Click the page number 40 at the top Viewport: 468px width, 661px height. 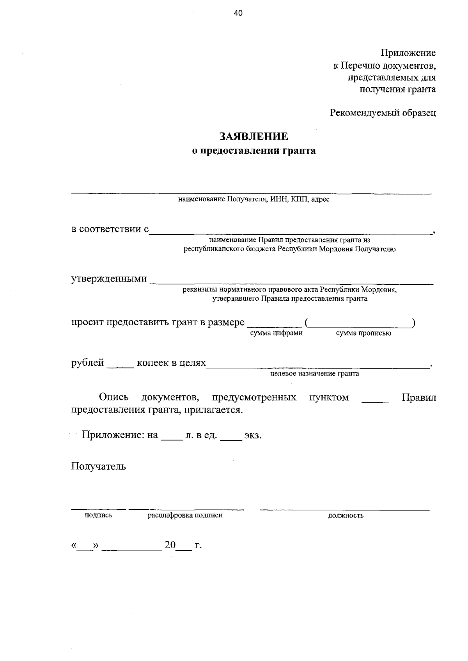click(x=238, y=13)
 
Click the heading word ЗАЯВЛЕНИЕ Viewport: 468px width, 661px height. click(x=253, y=136)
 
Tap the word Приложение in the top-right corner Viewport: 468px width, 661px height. click(x=408, y=53)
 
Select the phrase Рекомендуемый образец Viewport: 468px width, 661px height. click(x=383, y=113)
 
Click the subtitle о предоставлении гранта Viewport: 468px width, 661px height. click(x=254, y=151)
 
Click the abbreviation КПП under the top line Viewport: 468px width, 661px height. click(x=300, y=200)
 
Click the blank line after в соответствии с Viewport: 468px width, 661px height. click(x=291, y=232)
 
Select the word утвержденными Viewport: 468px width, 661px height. click(x=109, y=279)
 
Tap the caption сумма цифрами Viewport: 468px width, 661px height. click(x=276, y=333)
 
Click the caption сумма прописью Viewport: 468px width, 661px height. click(x=363, y=333)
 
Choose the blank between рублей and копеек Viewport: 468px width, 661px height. click(x=120, y=366)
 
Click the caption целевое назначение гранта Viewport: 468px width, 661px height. click(x=314, y=374)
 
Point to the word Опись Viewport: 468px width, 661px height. click(x=113, y=397)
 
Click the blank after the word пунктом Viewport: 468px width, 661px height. click(x=375, y=400)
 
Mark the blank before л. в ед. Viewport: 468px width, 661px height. click(x=172, y=438)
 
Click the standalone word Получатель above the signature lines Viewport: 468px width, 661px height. click(x=98, y=466)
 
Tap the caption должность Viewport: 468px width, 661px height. click(x=346, y=516)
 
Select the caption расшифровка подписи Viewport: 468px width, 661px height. click(x=185, y=515)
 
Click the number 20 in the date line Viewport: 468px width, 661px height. click(x=170, y=545)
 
